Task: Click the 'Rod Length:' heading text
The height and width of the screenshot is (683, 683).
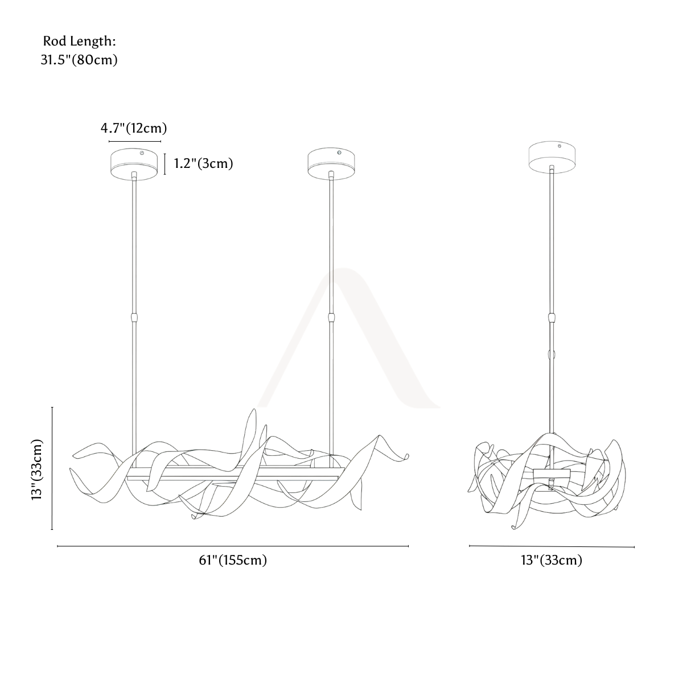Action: [79, 42]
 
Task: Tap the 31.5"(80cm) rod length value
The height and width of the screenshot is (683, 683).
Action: [79, 60]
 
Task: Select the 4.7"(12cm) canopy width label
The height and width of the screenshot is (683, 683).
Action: [134, 128]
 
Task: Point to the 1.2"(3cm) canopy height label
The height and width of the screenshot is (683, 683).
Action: [203, 163]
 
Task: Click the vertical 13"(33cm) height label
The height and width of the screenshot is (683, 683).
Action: [37, 470]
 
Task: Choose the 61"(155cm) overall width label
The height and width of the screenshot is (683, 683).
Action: [233, 560]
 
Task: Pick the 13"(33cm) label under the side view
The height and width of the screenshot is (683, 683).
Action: [552, 560]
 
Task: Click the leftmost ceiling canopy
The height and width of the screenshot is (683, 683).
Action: [134, 164]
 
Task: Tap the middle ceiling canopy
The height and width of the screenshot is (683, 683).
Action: [331, 164]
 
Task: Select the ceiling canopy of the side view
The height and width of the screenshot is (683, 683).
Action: [552, 157]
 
